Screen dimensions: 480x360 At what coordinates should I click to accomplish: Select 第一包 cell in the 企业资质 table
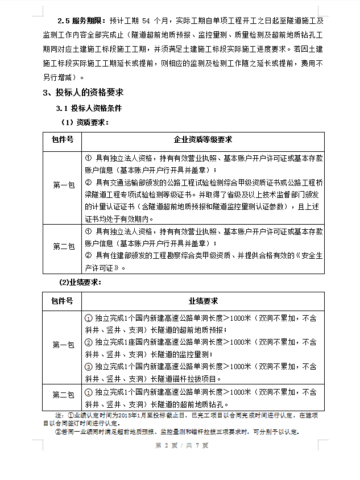(63, 185)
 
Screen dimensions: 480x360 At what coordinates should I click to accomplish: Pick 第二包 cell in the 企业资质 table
(63, 247)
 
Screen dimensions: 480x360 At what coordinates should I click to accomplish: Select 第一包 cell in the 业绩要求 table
(63, 345)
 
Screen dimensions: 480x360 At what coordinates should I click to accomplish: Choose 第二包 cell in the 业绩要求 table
(63, 394)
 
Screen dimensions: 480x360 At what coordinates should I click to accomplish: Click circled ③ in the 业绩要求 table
(88, 367)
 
